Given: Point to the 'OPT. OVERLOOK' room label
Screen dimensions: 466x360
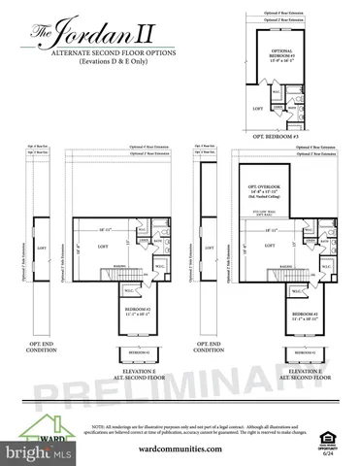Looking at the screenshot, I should pos(264,188).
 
